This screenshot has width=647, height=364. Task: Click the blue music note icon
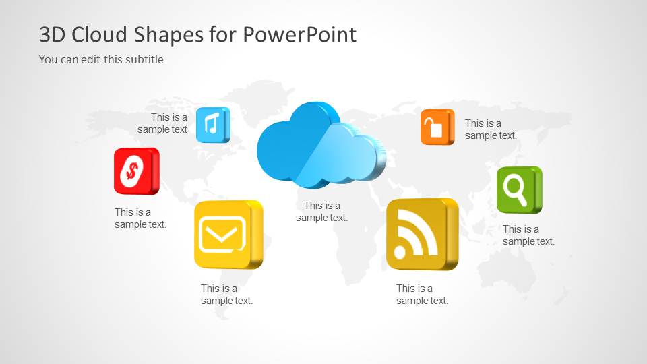pyautogui.click(x=212, y=124)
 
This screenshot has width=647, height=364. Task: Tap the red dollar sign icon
pyautogui.click(x=135, y=171)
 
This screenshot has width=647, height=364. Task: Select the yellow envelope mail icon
pyautogui.click(x=226, y=234)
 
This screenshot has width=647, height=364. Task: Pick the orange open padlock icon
pyautogui.click(x=437, y=127)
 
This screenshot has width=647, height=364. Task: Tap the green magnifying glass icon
pyautogui.click(x=518, y=189)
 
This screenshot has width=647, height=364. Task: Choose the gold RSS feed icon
pyautogui.click(x=421, y=234)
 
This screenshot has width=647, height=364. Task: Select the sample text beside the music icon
pyautogui.click(x=163, y=123)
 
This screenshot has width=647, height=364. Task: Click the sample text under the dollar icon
pyautogui.click(x=140, y=218)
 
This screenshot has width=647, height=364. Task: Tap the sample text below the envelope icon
pyautogui.click(x=226, y=295)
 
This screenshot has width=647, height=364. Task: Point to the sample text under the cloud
pyautogui.click(x=321, y=212)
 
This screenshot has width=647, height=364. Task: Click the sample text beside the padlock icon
pyautogui.click(x=490, y=129)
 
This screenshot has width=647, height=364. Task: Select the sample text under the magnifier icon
pyautogui.click(x=528, y=235)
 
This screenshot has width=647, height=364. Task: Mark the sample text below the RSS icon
pyautogui.click(x=422, y=295)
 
